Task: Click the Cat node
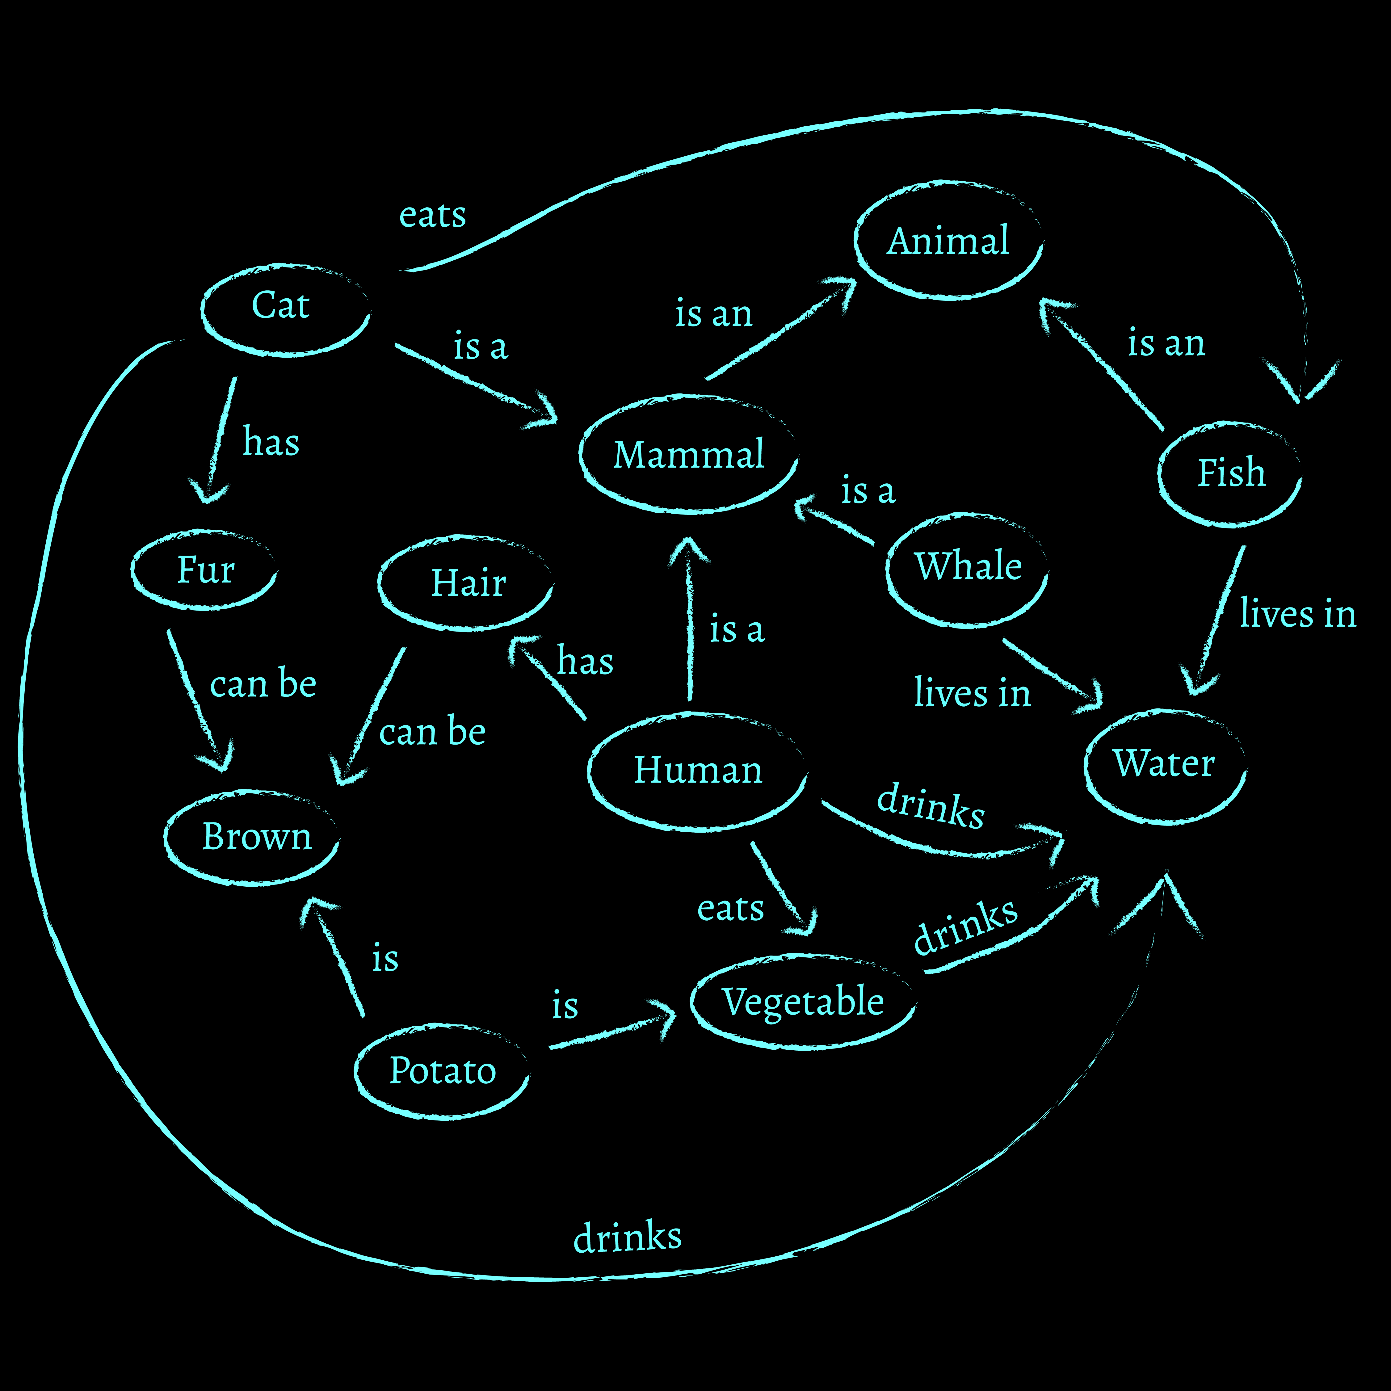[285, 309]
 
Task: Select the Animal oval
[948, 241]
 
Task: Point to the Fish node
[1230, 474]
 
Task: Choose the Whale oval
[967, 569]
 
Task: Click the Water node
[1164, 765]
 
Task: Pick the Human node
[697, 770]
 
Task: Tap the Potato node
[442, 1071]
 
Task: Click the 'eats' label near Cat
[432, 215]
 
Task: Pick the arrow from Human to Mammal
[690, 619]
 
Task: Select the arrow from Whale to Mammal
[835, 522]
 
